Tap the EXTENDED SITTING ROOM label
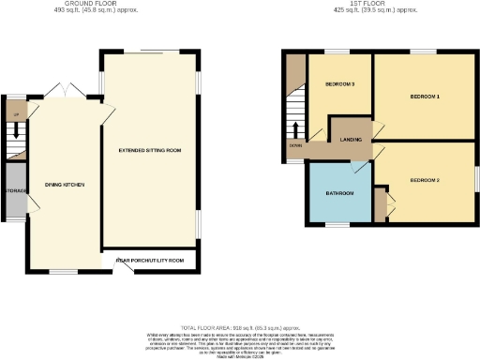coord(149,150)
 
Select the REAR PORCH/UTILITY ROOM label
coord(149,259)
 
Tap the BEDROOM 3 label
coord(339,84)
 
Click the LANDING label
coord(352,140)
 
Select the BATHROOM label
coord(338,193)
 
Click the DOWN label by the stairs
coord(295,145)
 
